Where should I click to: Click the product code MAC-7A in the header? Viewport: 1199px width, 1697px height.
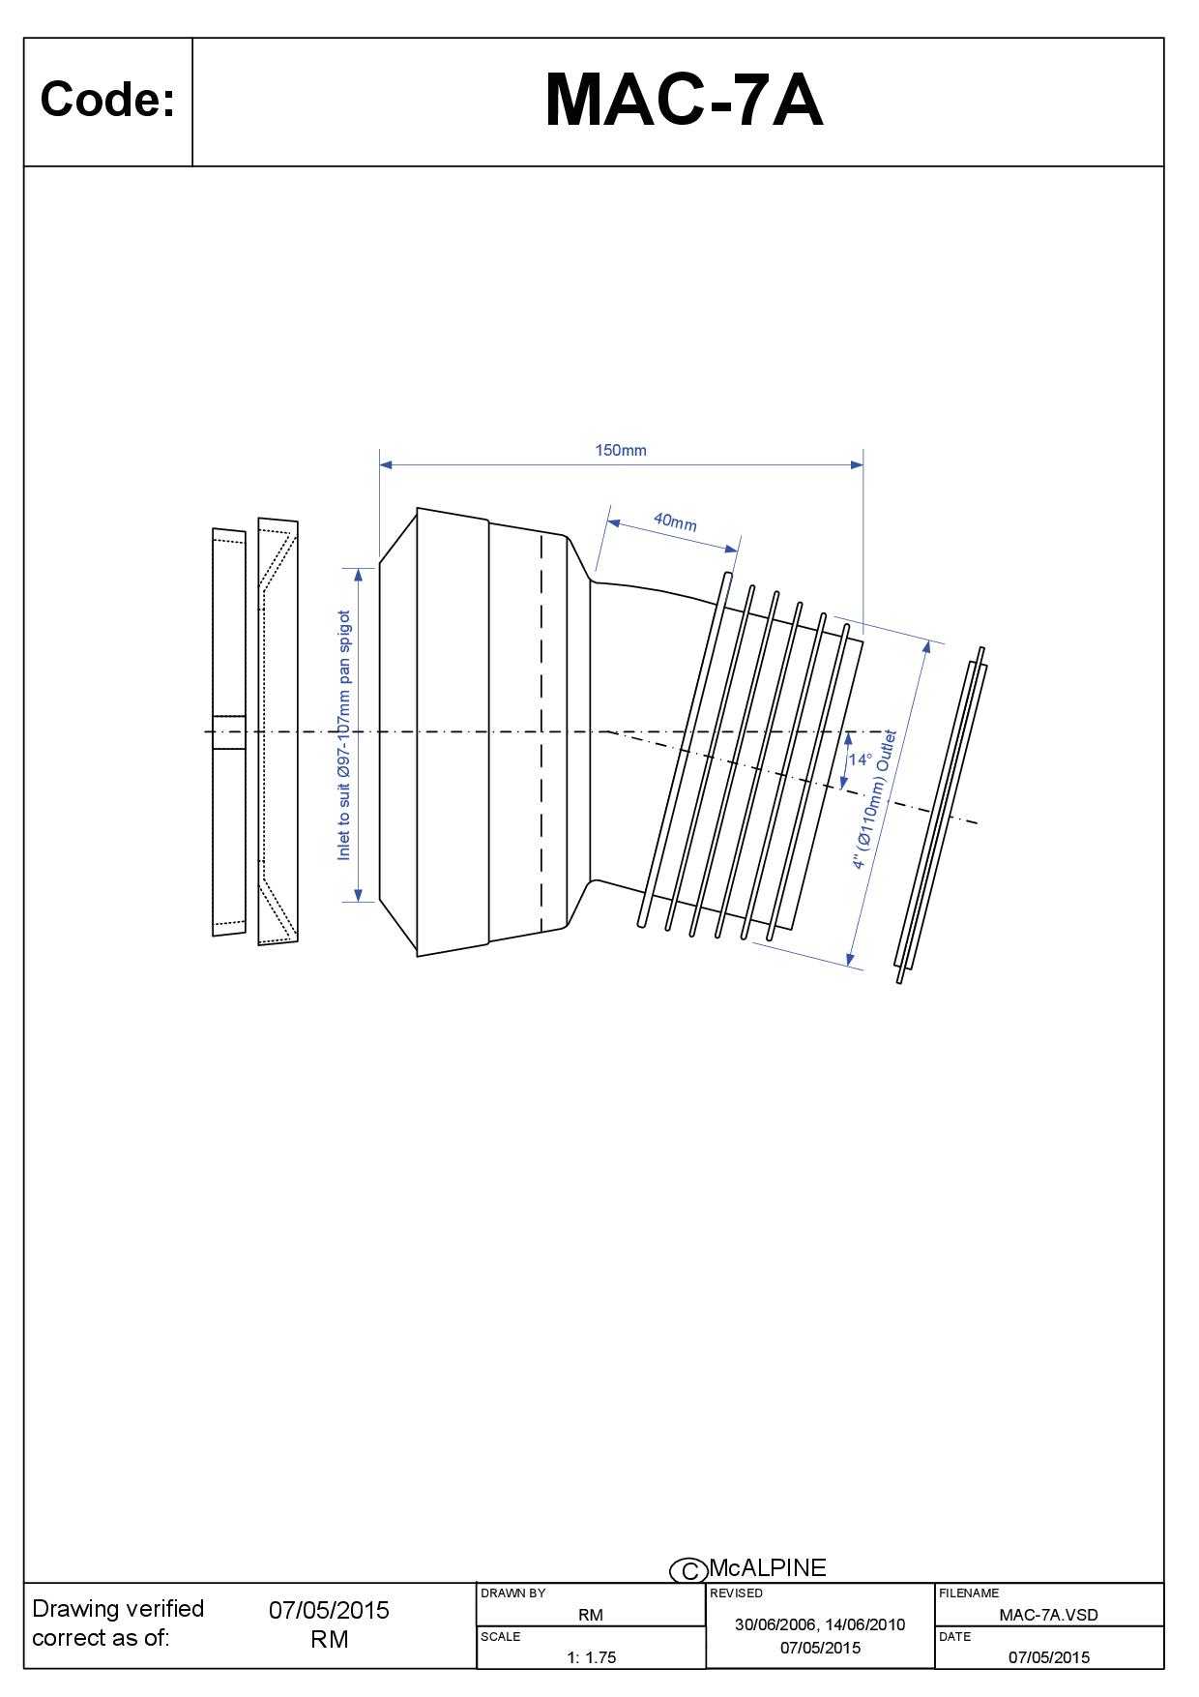[684, 101]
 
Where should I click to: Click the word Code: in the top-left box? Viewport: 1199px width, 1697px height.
[107, 99]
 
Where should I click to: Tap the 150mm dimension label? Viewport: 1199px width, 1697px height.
[621, 450]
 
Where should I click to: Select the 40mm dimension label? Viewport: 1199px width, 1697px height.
[675, 521]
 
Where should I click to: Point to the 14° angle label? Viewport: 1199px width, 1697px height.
[860, 759]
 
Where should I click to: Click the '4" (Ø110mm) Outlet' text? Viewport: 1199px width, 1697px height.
[874, 800]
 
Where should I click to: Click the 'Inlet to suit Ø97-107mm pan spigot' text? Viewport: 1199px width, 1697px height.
[343, 735]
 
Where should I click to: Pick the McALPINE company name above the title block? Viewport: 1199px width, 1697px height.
[768, 1567]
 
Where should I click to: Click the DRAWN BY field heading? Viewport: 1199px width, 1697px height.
[512, 1593]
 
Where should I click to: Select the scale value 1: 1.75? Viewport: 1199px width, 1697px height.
[591, 1657]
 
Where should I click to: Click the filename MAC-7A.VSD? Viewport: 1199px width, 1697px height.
[1048, 1614]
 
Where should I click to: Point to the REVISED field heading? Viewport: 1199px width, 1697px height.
[736, 1593]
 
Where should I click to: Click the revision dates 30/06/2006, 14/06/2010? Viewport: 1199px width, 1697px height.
[820, 1624]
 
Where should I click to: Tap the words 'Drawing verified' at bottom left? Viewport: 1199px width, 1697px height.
[118, 1609]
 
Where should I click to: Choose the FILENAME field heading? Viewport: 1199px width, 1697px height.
[969, 1593]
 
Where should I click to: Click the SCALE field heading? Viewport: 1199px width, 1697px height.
[501, 1637]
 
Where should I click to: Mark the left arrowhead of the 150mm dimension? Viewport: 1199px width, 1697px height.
[386, 464]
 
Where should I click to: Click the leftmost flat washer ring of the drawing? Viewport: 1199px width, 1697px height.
[229, 732]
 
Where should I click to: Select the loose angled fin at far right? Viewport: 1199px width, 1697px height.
[941, 816]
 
